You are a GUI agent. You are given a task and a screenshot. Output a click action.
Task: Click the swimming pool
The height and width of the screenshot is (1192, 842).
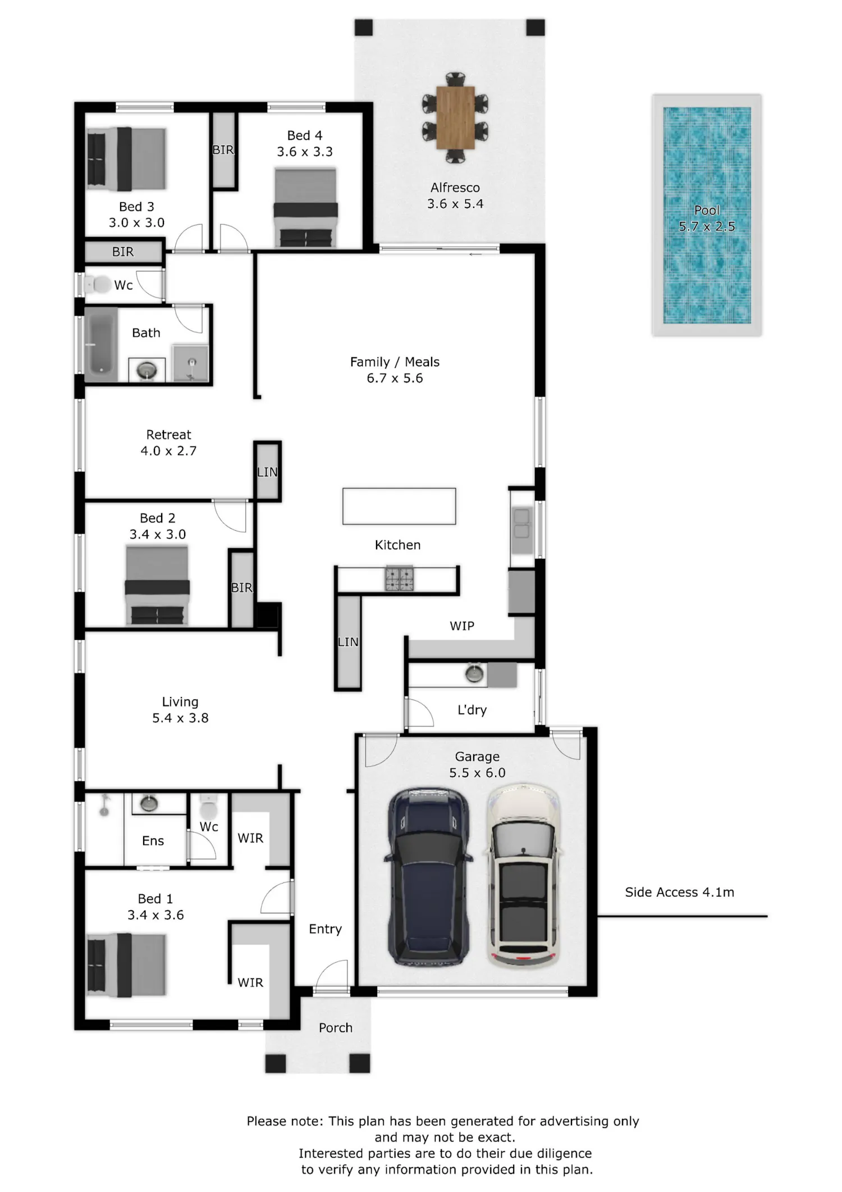tap(707, 215)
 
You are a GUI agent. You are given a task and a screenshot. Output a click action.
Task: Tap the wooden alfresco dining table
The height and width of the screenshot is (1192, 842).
tap(455, 117)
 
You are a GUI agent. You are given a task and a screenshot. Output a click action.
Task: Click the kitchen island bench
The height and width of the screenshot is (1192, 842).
tap(399, 506)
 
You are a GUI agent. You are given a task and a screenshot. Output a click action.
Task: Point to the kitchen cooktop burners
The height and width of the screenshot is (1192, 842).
tap(399, 579)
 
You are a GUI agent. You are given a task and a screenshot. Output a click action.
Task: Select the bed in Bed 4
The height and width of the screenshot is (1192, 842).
tap(306, 207)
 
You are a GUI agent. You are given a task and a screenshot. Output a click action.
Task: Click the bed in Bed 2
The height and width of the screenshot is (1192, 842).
tap(157, 585)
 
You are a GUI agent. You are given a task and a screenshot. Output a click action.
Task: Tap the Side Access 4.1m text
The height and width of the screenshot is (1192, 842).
tap(679, 892)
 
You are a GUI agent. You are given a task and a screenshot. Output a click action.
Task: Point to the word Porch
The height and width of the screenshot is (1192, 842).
tap(336, 1027)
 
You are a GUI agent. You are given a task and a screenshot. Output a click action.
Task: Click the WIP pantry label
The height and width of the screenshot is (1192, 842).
tap(462, 626)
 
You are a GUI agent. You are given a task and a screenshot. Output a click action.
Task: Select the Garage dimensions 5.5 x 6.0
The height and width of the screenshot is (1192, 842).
tap(477, 772)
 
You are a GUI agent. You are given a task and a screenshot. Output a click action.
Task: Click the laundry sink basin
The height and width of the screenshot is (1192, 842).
tap(475, 674)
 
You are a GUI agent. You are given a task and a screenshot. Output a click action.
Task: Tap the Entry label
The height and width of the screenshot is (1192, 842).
tap(325, 929)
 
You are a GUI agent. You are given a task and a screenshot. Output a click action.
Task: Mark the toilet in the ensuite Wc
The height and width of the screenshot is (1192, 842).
tap(208, 807)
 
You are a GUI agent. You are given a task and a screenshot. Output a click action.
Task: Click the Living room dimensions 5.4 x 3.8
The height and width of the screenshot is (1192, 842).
tap(180, 718)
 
